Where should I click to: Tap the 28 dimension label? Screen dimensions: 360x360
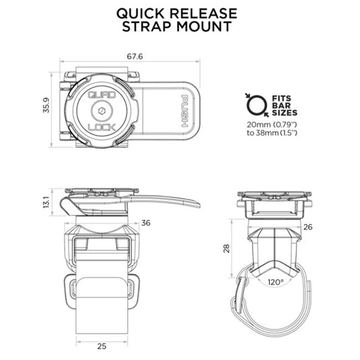(x=227, y=248)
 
